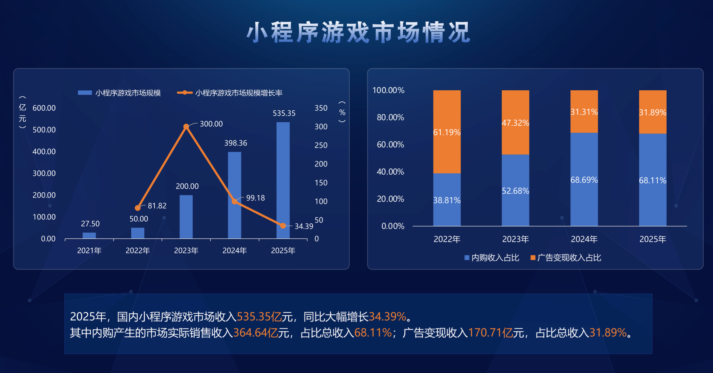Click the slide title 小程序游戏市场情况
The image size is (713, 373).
(358, 32)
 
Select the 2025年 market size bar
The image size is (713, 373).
(283, 180)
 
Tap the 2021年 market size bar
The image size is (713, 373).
(89, 235)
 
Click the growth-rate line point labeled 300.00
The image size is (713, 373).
(186, 127)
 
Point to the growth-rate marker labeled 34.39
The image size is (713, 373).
(283, 226)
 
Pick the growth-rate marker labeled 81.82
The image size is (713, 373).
(138, 208)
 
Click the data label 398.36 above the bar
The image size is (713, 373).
(236, 143)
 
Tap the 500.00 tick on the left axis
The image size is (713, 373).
(44, 130)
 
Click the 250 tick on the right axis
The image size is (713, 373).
(321, 145)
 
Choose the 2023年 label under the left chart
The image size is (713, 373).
(186, 251)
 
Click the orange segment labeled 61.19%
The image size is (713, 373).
(447, 132)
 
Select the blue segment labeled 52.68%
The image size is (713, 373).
(515, 190)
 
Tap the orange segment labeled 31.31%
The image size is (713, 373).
(584, 112)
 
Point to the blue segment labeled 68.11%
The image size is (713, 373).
(653, 180)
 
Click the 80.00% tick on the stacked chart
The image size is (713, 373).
(390, 117)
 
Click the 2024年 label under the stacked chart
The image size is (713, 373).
(584, 239)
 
